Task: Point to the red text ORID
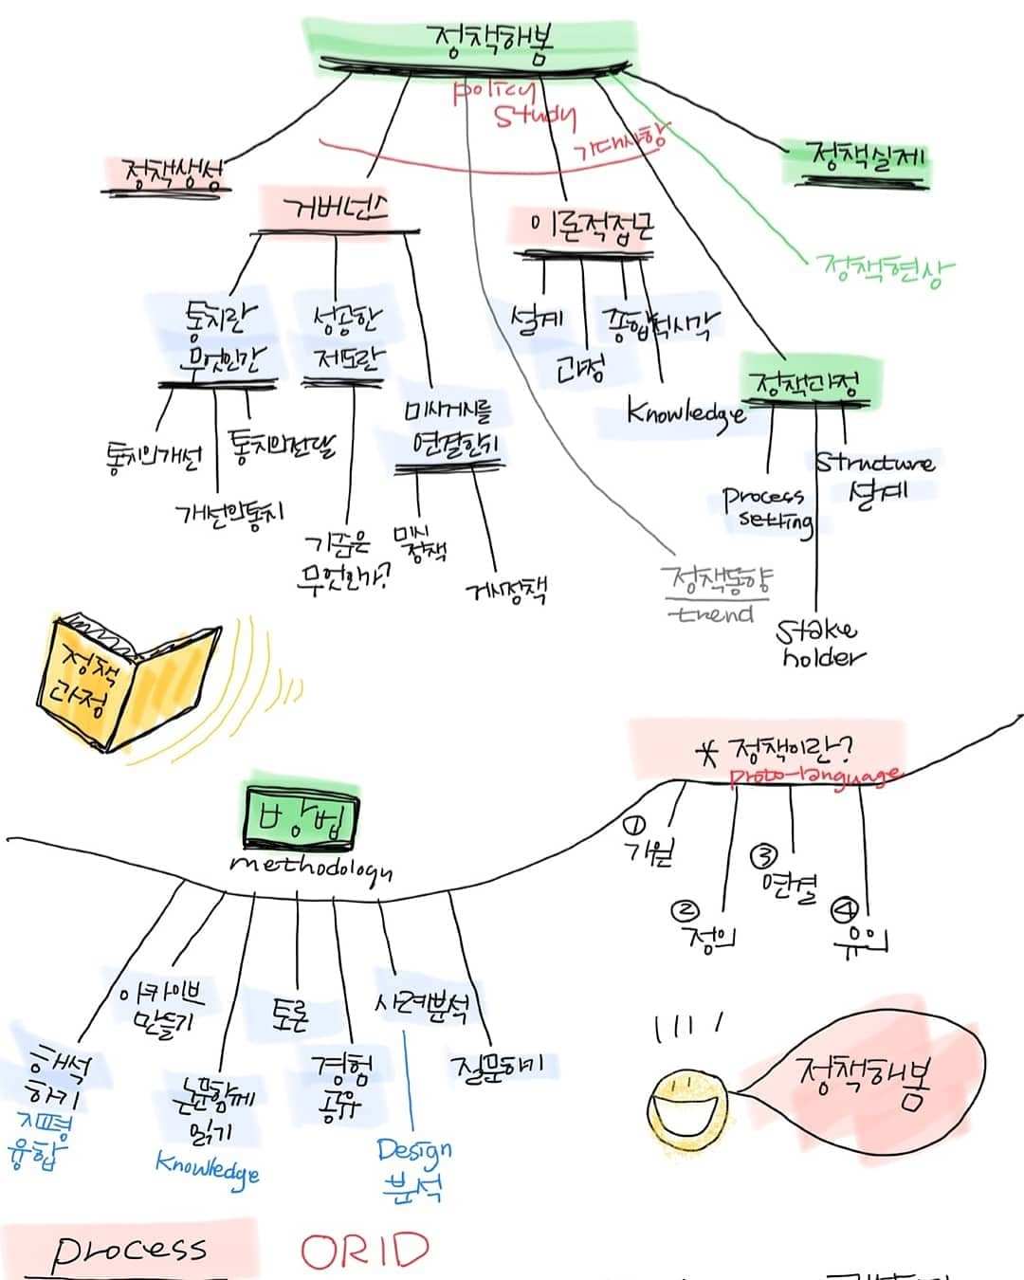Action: (365, 1252)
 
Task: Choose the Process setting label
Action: (767, 509)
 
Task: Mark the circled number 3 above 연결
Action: (764, 857)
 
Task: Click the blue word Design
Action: (413, 1151)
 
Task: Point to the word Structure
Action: (874, 463)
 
